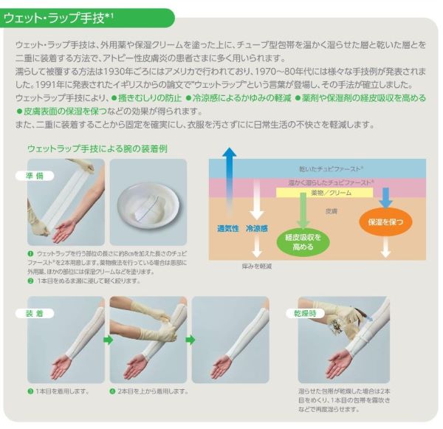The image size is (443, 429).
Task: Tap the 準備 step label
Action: click(35, 176)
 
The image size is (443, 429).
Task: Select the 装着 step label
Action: click(35, 313)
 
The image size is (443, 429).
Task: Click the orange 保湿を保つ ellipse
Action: click(385, 222)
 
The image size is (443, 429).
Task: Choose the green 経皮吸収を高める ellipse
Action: click(303, 242)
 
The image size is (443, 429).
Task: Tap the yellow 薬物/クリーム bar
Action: click(325, 193)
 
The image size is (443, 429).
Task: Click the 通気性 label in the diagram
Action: click(228, 229)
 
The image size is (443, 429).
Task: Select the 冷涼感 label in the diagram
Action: click(257, 229)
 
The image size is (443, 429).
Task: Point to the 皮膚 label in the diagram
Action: click(331, 211)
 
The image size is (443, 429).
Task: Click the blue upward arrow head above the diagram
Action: click(230, 152)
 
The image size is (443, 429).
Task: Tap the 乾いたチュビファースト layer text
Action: click(332, 169)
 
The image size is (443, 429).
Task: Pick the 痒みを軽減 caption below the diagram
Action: click(257, 267)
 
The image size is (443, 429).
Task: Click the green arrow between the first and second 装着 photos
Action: click(108, 340)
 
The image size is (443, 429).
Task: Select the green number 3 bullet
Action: click(30, 391)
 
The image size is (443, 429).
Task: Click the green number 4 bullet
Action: click(112, 391)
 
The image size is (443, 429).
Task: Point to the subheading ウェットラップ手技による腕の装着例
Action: click(97, 149)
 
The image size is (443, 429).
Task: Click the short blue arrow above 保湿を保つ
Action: click(385, 198)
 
